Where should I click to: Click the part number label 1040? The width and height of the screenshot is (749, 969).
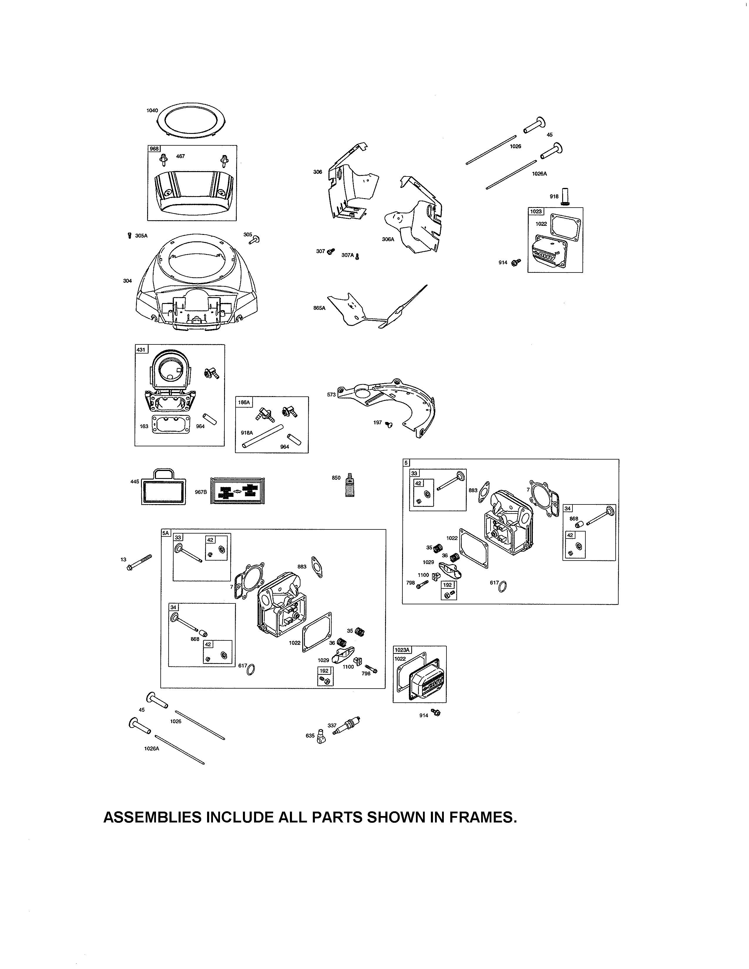pyautogui.click(x=152, y=110)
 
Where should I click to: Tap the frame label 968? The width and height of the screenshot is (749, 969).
pyautogui.click(x=154, y=149)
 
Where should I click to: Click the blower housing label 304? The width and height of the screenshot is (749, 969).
pyautogui.click(x=127, y=281)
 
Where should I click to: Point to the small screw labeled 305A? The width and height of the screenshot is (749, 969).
pyautogui.click(x=130, y=235)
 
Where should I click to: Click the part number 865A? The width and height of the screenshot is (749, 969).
pyautogui.click(x=319, y=307)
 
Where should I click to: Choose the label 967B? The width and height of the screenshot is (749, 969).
pyautogui.click(x=201, y=492)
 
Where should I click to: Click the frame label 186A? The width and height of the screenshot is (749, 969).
pyautogui.click(x=244, y=402)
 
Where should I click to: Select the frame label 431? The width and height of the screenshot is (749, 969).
pyautogui.click(x=141, y=350)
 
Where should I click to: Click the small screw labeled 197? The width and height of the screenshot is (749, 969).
pyautogui.click(x=389, y=425)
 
